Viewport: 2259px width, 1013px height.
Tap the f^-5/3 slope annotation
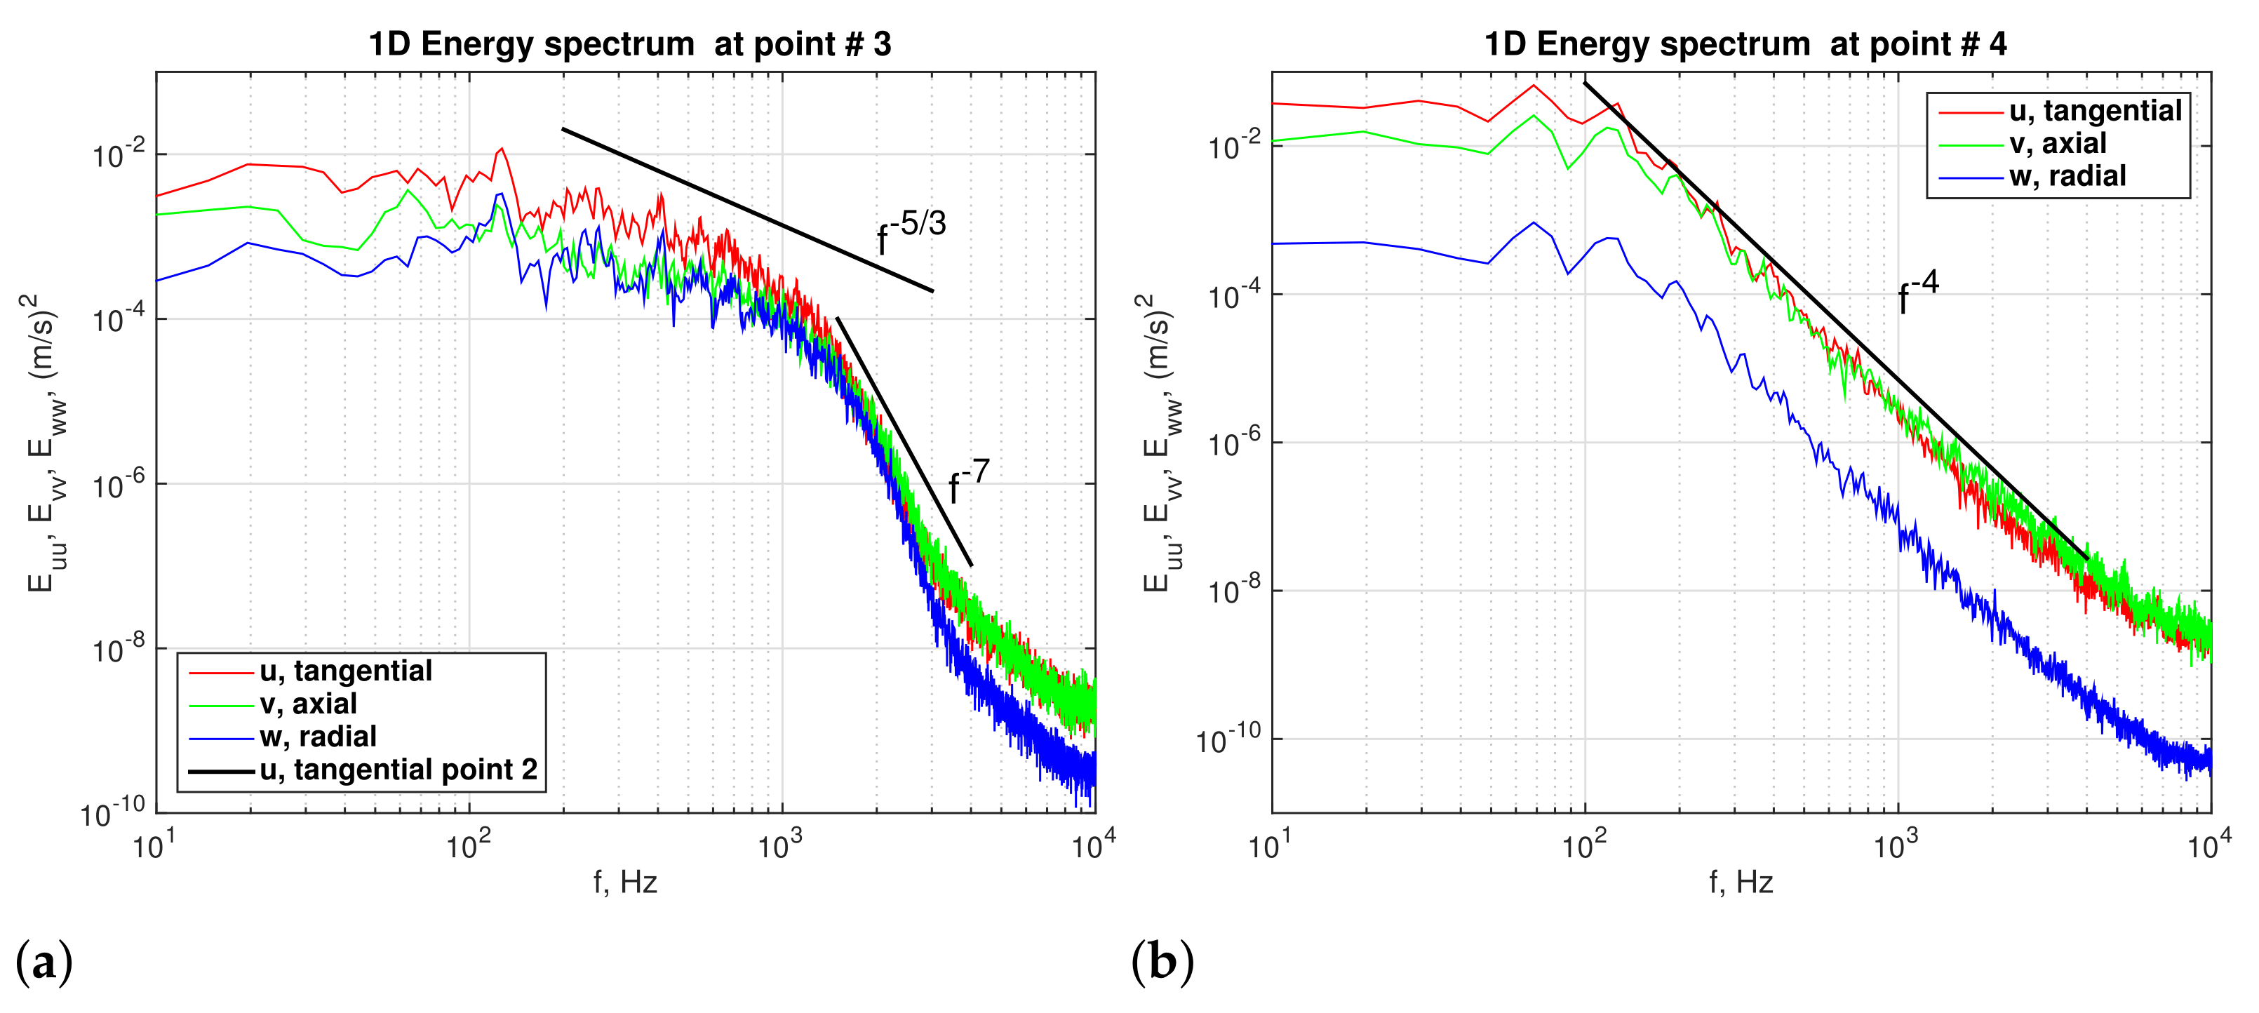[x=912, y=230]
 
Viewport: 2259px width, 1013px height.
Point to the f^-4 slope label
[x=1918, y=291]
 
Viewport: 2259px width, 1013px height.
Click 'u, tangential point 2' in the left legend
[x=397, y=769]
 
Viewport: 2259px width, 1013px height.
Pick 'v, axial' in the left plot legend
[x=308, y=704]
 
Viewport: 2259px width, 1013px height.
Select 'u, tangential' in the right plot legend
[x=2094, y=111]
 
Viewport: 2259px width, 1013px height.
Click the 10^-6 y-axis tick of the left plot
[x=119, y=485]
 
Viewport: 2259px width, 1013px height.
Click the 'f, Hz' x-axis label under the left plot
[x=624, y=881]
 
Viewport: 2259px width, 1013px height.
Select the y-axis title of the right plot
[x=1162, y=443]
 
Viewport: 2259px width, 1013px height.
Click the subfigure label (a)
[x=43, y=962]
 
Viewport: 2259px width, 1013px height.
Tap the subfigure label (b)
[x=1162, y=962]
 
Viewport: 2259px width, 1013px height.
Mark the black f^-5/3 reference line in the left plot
[x=745, y=209]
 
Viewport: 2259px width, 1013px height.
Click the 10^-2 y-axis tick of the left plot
[x=119, y=155]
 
